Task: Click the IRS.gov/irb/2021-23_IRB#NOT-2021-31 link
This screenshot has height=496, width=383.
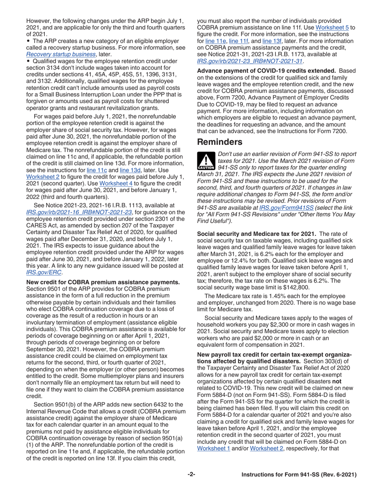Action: pos(250,61)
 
